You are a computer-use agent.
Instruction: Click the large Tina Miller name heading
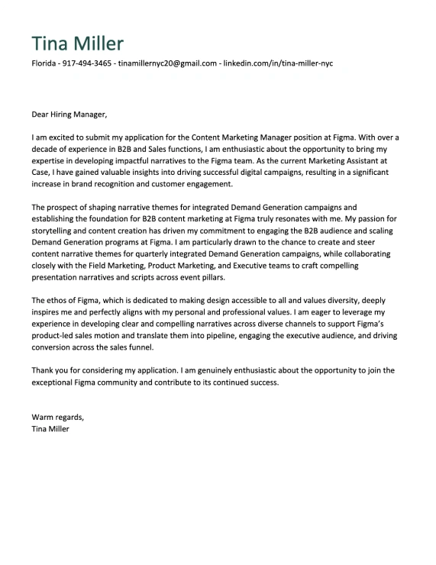pos(77,44)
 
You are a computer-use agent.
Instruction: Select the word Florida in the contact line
pos(44,63)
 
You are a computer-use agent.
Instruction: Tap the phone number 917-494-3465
pos(87,63)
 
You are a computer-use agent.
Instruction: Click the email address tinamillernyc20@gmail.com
pos(166,63)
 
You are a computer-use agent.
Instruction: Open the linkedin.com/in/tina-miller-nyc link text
pos(278,63)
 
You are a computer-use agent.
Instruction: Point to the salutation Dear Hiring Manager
pos(69,115)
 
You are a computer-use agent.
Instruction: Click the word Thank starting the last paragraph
pos(43,370)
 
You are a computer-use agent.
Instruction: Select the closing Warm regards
pos(57,417)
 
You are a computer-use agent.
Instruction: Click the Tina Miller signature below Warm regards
pos(50,428)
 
